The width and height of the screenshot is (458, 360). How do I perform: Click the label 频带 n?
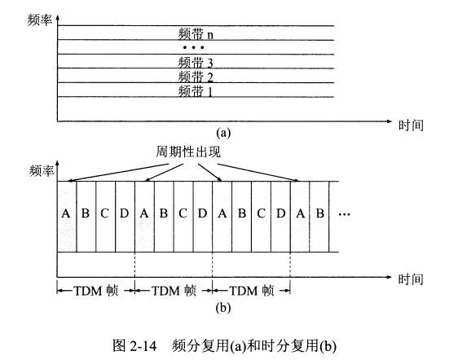[x=196, y=33]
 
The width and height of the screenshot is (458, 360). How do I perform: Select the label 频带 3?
[x=196, y=62]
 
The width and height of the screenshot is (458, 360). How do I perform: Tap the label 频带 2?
[x=196, y=77]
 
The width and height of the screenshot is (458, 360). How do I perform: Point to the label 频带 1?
[x=195, y=90]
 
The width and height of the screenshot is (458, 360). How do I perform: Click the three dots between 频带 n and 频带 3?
[x=193, y=47]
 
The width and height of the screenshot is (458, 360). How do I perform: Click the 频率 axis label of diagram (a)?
[x=40, y=20]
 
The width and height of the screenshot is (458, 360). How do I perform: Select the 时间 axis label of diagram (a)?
[x=411, y=125]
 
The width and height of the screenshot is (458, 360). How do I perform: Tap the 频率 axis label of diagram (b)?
[x=42, y=170]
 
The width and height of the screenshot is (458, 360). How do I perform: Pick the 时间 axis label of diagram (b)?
[x=411, y=279]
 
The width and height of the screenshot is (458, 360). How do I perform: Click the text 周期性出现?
[x=187, y=151]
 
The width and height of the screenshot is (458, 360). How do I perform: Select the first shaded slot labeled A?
[x=67, y=217]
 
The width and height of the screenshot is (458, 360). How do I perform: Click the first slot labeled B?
[x=86, y=217]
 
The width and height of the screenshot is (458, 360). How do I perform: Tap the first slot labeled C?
[x=105, y=217]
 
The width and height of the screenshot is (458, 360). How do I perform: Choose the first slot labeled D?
[x=125, y=217]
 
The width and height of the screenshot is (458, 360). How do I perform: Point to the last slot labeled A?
[x=300, y=217]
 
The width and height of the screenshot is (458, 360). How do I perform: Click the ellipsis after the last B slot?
[x=345, y=214]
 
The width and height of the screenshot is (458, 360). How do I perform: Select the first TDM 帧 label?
[x=96, y=291]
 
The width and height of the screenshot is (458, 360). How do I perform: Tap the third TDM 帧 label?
[x=252, y=291]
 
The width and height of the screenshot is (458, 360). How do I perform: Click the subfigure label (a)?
[x=223, y=133]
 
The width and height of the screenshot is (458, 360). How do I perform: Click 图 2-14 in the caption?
[x=135, y=345]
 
